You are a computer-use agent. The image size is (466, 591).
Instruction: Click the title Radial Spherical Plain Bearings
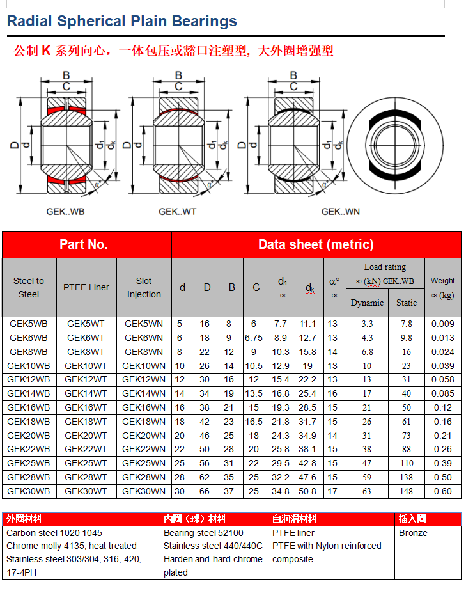[x=122, y=22]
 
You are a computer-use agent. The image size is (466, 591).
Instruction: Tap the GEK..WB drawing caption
[x=65, y=212]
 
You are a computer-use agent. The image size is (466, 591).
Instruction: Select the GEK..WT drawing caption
[x=178, y=212]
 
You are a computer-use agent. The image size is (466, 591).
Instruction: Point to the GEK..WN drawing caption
[x=341, y=212]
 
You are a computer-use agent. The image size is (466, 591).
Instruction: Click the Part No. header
[x=84, y=244]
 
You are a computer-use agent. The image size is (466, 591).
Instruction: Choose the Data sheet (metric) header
[x=316, y=244]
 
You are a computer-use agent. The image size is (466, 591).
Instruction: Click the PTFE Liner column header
[x=86, y=287]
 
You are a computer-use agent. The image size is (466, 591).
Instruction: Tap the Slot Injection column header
[x=144, y=288]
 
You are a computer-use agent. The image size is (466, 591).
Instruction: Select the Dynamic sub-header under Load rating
[x=367, y=303]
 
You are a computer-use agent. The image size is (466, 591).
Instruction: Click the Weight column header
[x=442, y=288]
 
